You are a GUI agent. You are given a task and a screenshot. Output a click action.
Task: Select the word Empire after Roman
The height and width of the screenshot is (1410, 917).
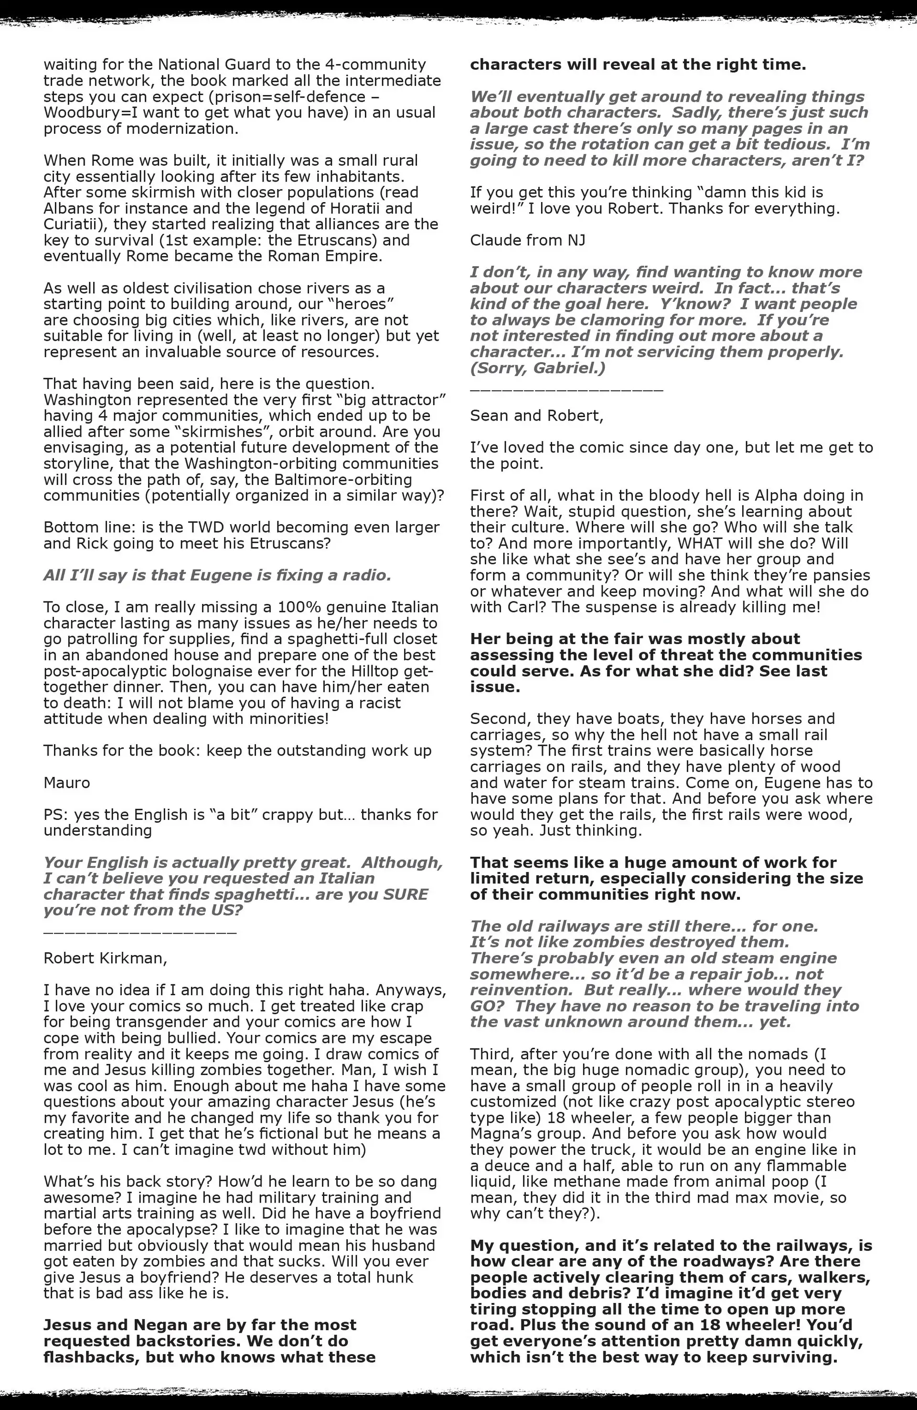[x=350, y=257]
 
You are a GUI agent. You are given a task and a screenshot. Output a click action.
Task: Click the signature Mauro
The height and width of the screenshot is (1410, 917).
[x=67, y=783]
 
